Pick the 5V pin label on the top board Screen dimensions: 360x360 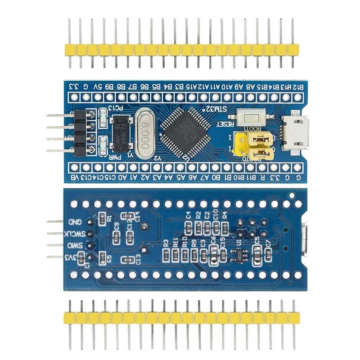(97, 86)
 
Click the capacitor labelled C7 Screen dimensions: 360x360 (268, 255)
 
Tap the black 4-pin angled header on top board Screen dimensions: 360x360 (81, 133)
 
